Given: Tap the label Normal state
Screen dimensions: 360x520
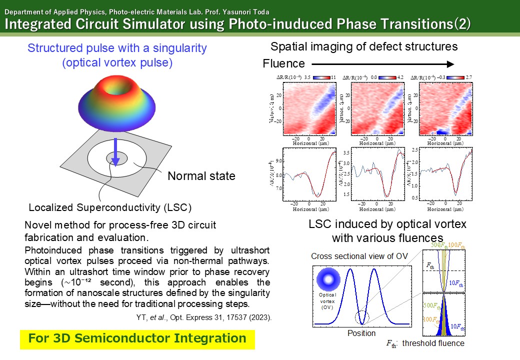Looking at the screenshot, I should [x=201, y=176].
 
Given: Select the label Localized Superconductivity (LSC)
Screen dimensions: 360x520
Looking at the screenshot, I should [x=110, y=207].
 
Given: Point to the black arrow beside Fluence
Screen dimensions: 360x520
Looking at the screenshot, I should [x=382, y=64].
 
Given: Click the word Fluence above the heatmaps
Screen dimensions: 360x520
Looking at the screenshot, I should [x=283, y=64].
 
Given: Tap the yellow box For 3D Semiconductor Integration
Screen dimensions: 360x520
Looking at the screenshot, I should [x=137, y=338].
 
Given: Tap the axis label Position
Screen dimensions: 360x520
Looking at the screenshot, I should [x=361, y=333].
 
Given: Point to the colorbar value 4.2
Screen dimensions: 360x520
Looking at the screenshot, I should [x=400, y=77].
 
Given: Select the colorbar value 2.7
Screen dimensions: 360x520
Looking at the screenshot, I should [x=468, y=77].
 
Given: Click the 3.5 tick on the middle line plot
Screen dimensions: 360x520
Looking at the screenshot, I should [x=345, y=151].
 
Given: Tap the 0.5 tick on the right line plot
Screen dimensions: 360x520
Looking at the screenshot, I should [x=414, y=198].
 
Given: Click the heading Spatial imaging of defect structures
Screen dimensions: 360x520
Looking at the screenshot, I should [x=364, y=47].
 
